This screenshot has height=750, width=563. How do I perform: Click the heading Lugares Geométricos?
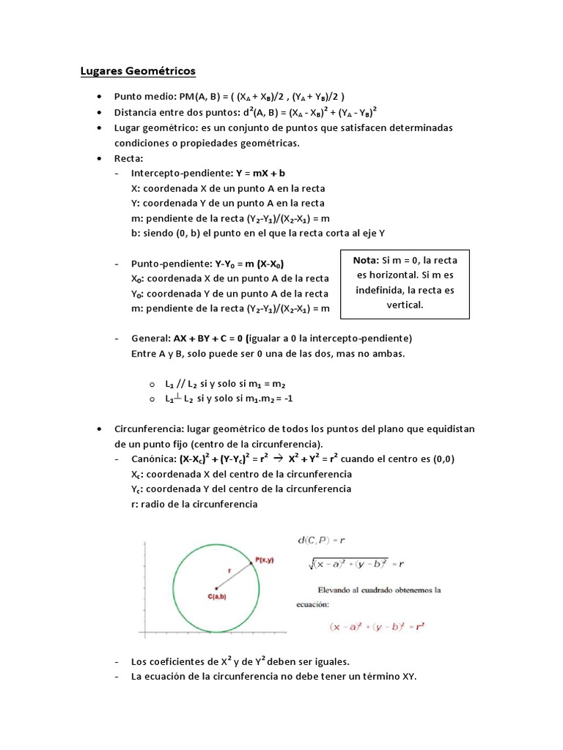137,71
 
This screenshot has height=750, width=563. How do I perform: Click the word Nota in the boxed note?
364,260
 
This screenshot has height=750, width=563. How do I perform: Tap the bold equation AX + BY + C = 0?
209,338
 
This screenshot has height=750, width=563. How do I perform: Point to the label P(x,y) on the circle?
265,560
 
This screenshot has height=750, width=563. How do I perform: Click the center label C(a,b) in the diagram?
216,597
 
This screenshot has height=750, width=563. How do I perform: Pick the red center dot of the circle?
216,587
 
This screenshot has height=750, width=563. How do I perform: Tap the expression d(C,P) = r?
321,541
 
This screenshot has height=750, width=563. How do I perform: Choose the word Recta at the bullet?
128,158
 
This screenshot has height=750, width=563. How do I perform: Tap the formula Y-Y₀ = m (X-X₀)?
249,263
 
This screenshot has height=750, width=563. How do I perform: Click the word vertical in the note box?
405,305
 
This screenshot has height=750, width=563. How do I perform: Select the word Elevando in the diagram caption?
338,590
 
